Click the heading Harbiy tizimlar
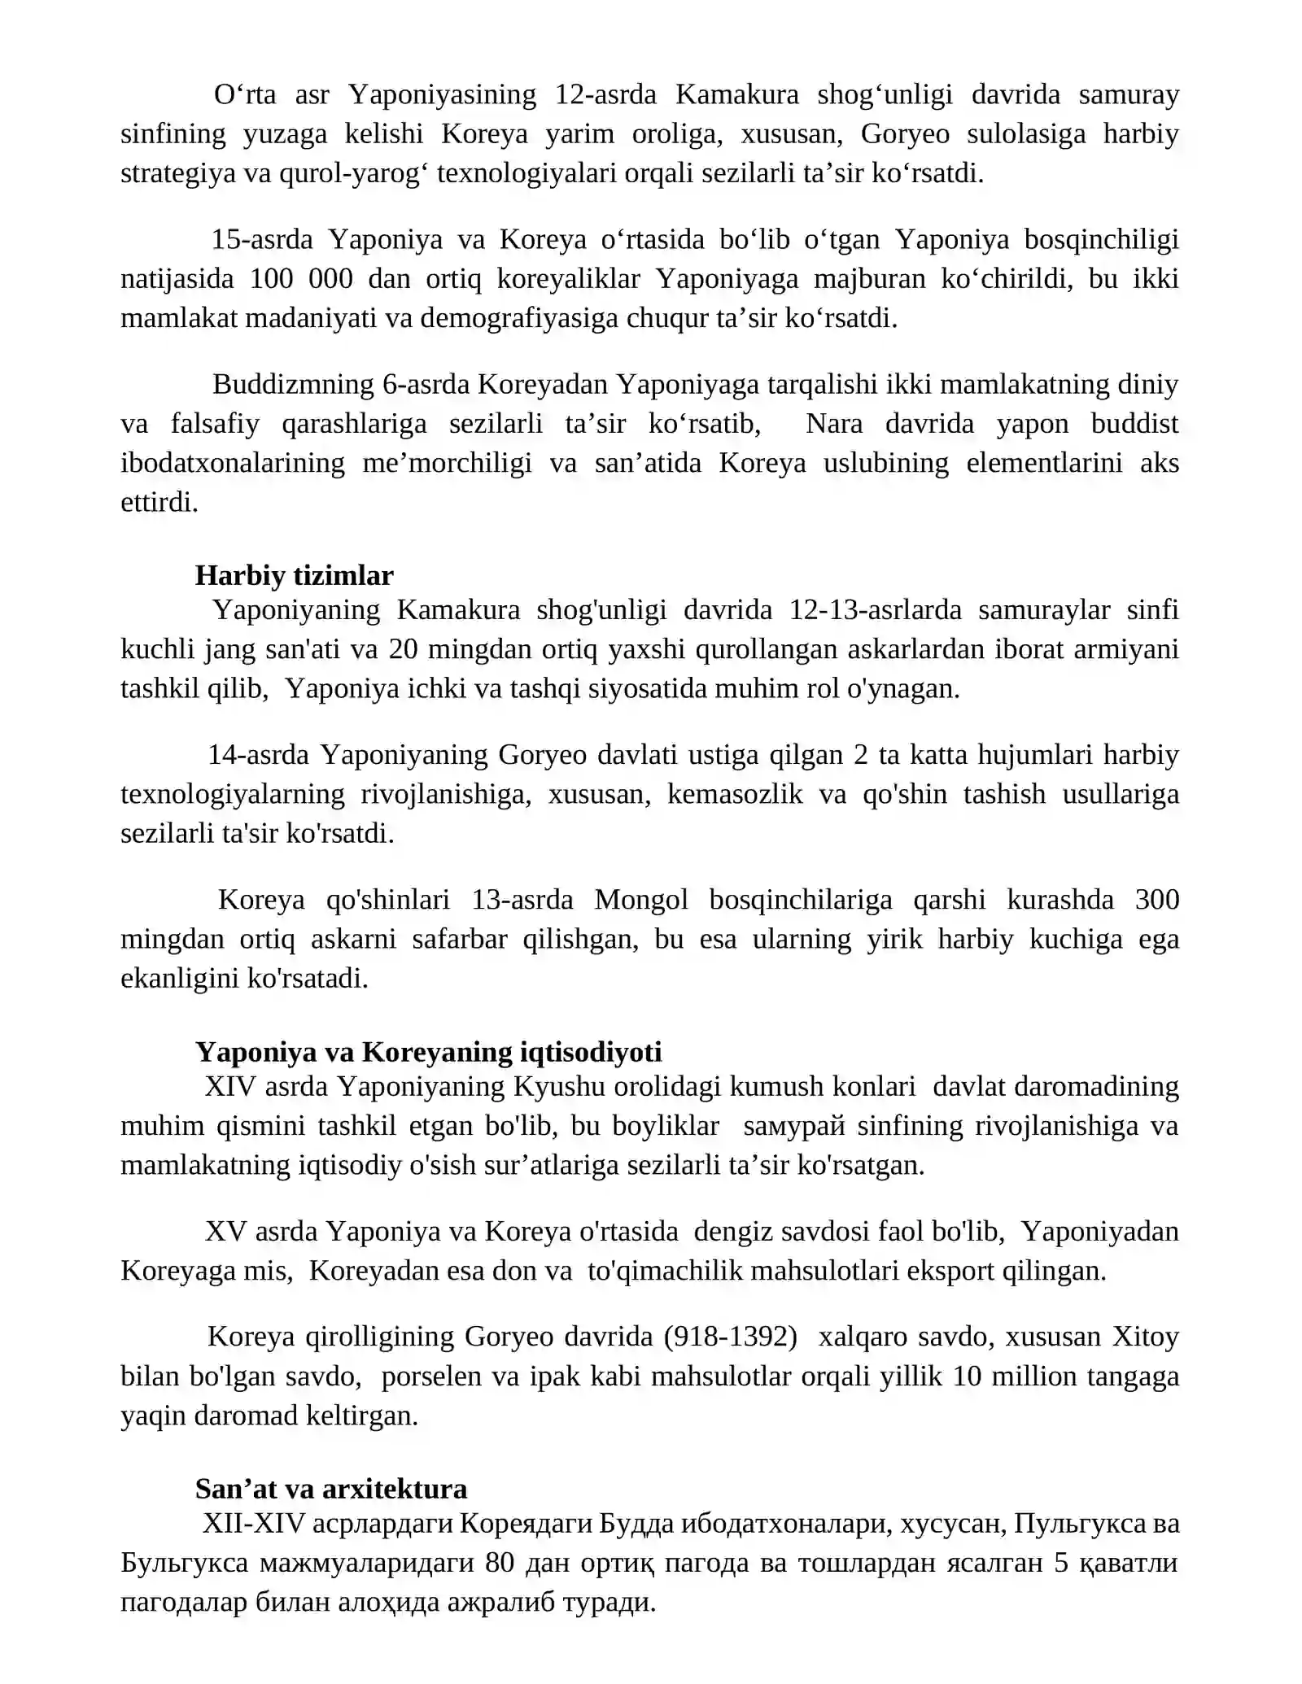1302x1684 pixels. tap(294, 576)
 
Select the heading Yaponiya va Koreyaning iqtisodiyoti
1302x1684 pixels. tap(428, 1052)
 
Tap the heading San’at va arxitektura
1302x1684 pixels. tap(331, 1489)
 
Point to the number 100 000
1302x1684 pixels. tap(301, 279)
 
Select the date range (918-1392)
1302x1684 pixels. tap(730, 1337)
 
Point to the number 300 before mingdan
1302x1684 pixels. tap(1156, 900)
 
